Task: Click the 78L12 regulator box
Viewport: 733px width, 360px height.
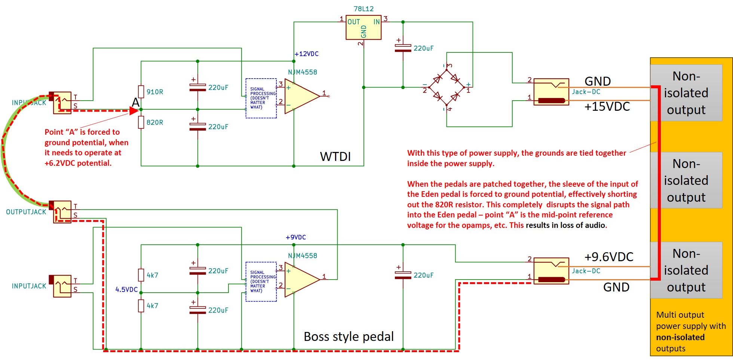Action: [x=364, y=27]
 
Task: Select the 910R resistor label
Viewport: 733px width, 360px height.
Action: [x=155, y=92]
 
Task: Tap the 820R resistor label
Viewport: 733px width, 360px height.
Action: [x=155, y=122]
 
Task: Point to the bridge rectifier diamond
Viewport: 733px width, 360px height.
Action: [x=447, y=87]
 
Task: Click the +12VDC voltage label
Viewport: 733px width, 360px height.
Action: [x=307, y=54]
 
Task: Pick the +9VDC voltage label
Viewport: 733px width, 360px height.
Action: [x=296, y=237]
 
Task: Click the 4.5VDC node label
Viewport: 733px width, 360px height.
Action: [x=126, y=290]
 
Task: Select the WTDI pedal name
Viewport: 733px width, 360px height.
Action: [x=335, y=156]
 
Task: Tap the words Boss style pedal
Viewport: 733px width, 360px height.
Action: [x=349, y=336]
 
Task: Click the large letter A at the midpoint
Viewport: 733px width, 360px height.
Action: [x=136, y=103]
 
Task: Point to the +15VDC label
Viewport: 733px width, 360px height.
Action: [x=607, y=107]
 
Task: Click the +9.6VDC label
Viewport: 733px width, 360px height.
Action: [x=609, y=257]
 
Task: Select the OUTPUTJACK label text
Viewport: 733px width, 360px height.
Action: [x=26, y=212]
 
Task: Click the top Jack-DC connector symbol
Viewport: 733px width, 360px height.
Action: [x=551, y=92]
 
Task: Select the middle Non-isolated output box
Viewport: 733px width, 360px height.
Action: [x=686, y=180]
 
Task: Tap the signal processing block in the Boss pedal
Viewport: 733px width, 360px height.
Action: [x=261, y=281]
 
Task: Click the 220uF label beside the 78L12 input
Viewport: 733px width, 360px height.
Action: [x=423, y=48]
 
